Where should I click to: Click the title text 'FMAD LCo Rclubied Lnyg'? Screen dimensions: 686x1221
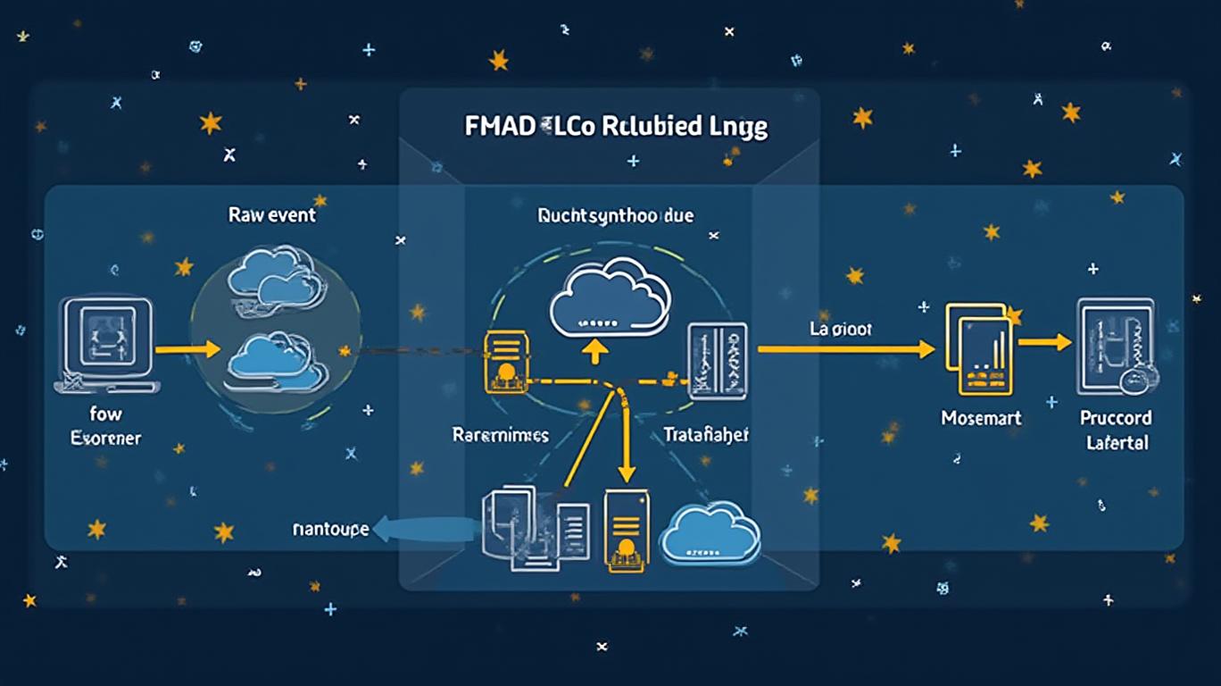(x=616, y=126)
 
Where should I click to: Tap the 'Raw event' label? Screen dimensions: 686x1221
(x=272, y=215)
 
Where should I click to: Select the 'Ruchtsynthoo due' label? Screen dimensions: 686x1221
(x=616, y=215)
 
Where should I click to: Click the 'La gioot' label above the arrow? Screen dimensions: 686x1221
(x=841, y=329)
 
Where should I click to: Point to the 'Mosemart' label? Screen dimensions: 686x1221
(x=981, y=417)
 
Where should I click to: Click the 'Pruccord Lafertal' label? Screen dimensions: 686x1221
(x=1116, y=430)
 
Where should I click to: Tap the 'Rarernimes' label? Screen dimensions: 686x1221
(x=501, y=435)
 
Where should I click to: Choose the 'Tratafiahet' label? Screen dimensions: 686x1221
(x=706, y=435)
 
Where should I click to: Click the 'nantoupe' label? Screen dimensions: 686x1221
(x=330, y=529)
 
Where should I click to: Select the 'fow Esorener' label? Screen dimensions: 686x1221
(x=105, y=426)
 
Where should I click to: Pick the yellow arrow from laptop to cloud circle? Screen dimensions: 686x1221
(x=187, y=349)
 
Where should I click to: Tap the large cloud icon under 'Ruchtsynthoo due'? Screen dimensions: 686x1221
(x=610, y=299)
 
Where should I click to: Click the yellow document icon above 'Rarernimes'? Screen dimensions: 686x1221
(x=506, y=363)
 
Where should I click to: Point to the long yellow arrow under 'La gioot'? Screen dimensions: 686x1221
(x=844, y=350)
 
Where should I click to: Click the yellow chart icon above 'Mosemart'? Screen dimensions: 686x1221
(x=980, y=350)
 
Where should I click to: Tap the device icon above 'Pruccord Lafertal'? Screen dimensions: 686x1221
(x=1117, y=347)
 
